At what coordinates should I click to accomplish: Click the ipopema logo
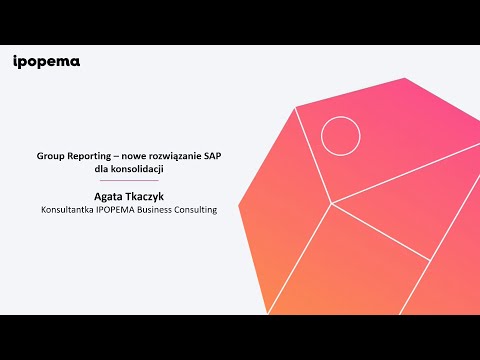[47, 62]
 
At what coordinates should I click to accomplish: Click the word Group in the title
[52, 157]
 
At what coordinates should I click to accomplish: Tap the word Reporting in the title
[94, 157]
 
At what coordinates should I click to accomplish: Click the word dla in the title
[98, 170]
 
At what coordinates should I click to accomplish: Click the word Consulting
[201, 210]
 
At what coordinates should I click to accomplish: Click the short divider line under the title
[127, 182]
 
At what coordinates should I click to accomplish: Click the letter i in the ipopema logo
[16, 62]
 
